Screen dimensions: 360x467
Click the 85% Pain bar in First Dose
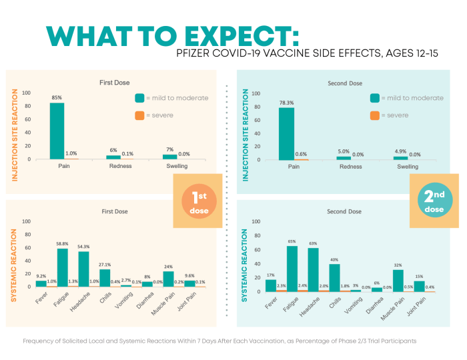(x=57, y=131)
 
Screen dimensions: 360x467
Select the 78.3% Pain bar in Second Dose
(x=286, y=133)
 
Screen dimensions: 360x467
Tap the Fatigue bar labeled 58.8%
(x=63, y=267)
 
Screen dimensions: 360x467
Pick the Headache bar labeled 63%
(x=313, y=270)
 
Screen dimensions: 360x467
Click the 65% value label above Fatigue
(x=292, y=242)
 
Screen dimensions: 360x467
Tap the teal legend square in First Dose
(x=139, y=97)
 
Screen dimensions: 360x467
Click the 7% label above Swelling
(x=169, y=150)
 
